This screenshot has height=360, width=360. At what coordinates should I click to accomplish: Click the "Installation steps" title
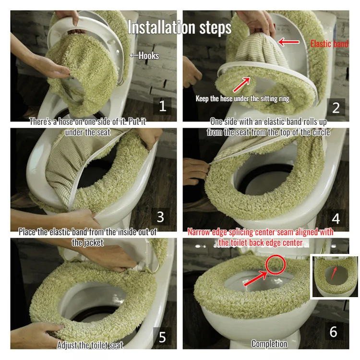coord(180,27)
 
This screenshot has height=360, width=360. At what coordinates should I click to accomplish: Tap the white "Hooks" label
coord(148,56)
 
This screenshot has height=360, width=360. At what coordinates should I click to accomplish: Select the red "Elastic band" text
coord(329,44)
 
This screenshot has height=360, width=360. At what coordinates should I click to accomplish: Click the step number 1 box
coord(163,106)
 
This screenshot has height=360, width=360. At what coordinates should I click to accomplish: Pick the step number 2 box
coord(336,108)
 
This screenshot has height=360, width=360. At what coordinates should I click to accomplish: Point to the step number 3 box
coord(160,217)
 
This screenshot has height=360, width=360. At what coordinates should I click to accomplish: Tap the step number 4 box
coord(336,218)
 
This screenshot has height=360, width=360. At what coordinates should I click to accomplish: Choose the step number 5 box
coord(162,336)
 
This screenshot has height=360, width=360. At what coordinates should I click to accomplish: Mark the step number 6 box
coord(334,332)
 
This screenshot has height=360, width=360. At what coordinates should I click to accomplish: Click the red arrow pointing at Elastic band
coord(288,42)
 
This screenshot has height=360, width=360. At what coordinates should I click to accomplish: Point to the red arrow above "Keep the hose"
coord(241,84)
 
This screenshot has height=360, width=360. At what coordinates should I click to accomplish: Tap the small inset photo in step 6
coord(335,276)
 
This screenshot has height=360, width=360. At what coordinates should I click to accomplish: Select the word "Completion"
coord(269,344)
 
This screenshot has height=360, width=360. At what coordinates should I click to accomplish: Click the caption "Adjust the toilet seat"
coord(90,345)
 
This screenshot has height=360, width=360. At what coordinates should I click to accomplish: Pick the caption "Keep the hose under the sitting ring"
coord(242,98)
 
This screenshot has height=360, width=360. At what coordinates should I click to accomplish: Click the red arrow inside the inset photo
coord(334,273)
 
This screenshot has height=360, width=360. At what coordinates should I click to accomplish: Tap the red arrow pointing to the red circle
coord(256,278)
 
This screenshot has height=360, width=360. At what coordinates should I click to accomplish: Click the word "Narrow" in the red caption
coord(199,232)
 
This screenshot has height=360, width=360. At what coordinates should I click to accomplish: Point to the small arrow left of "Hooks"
coord(134,55)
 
